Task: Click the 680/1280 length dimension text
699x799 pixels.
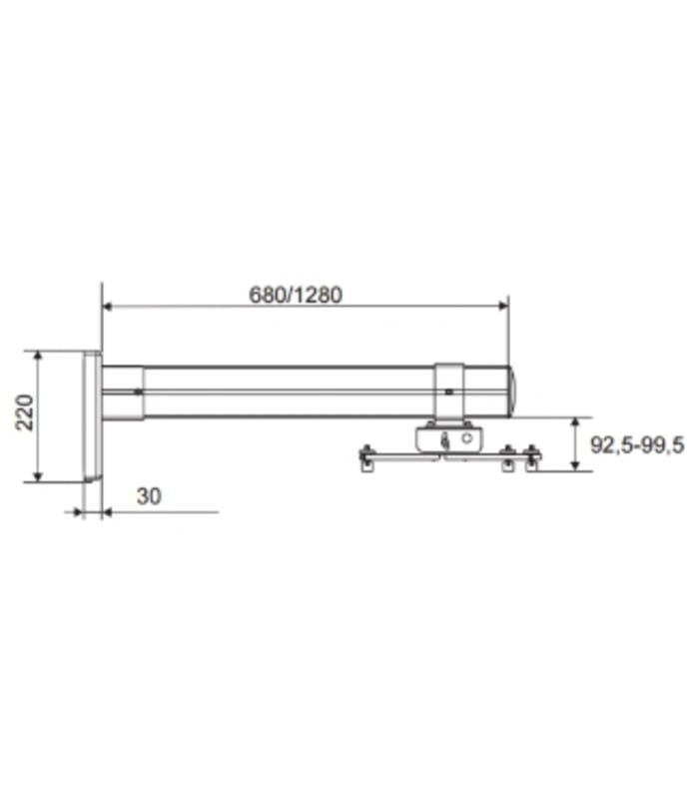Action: point(296,295)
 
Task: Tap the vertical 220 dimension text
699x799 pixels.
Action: point(24,412)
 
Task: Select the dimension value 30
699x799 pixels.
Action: point(149,495)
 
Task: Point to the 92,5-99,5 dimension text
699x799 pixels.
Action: point(637,445)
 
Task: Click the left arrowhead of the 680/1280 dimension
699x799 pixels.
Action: point(107,306)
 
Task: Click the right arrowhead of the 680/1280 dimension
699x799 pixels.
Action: point(503,306)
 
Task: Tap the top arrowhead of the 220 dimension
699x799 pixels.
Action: point(38,356)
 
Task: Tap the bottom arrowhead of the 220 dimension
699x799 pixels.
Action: point(38,477)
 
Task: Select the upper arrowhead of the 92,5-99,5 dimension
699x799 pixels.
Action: point(575,422)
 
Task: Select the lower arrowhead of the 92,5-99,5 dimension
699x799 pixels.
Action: point(575,465)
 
